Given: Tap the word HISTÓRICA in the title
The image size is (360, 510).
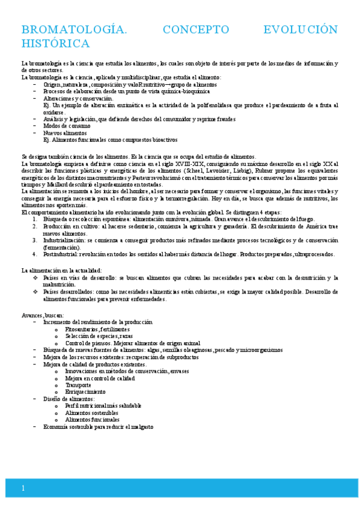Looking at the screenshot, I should [55, 43].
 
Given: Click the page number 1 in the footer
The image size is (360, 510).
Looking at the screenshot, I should [23, 488].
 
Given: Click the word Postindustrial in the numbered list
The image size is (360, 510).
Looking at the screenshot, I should [64, 254].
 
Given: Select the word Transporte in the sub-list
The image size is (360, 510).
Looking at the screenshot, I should [78, 385].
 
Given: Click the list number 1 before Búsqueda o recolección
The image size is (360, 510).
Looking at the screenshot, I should [35, 220].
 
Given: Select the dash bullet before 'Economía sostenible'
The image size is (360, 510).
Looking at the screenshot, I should [35, 426].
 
